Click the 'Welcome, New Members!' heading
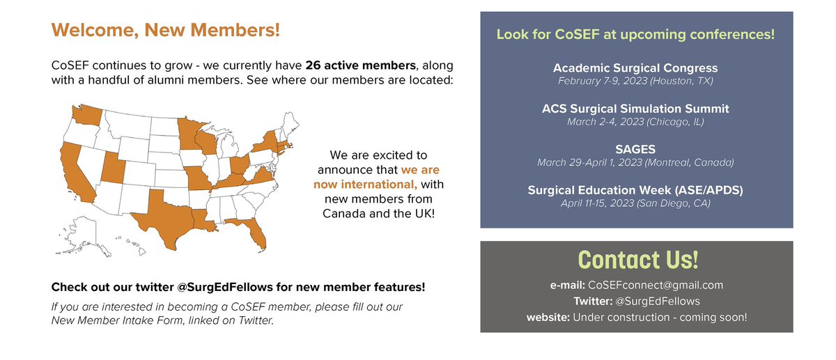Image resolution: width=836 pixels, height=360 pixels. click(166, 31)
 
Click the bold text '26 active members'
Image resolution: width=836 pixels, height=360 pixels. click(361, 65)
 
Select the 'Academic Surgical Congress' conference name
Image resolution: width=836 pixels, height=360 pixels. click(635, 68)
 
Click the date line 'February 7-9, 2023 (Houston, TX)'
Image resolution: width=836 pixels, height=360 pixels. click(635, 81)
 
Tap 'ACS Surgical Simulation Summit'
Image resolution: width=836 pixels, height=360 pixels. click(635, 109)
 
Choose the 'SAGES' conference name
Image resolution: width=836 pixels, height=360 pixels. click(635, 149)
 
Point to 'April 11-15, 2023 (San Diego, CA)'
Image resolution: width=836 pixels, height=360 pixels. click(635, 203)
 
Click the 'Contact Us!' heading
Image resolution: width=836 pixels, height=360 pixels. click(637, 259)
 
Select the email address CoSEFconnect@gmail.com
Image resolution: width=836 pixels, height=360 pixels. click(655, 285)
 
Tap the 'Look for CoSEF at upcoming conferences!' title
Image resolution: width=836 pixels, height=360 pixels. click(635, 34)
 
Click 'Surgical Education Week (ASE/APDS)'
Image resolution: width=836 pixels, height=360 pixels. click(635, 189)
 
